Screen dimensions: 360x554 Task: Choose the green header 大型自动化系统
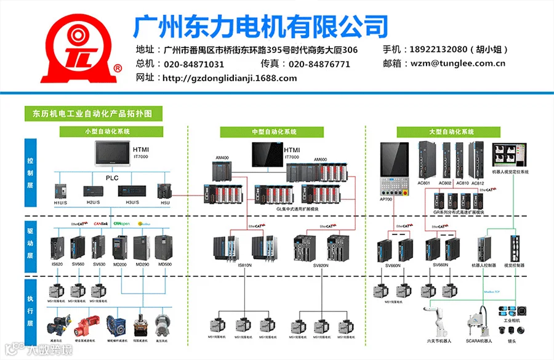point(452,132)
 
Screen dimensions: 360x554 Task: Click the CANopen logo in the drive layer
point(122,224)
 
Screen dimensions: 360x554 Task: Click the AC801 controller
point(424,161)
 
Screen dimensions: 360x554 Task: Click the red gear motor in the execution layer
point(83,323)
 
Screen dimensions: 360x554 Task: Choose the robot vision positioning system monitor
point(510,154)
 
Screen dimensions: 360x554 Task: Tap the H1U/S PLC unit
point(60,191)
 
